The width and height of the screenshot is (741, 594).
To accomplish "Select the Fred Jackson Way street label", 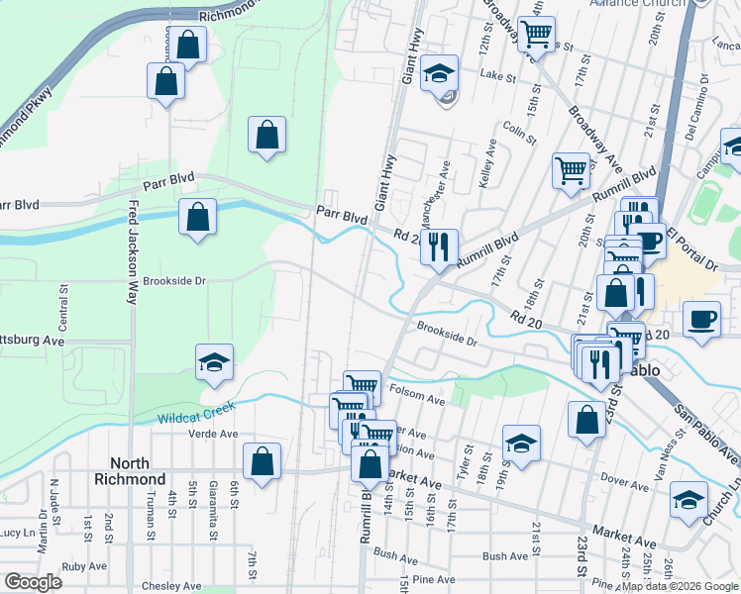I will pos(131,254).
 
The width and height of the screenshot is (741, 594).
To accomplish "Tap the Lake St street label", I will pos(492,74).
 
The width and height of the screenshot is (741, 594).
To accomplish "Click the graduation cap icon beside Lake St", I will pos(439,74).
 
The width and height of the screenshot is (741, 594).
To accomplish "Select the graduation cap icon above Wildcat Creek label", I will pos(214,364).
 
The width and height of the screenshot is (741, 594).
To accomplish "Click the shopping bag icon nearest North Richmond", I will pos(262,461).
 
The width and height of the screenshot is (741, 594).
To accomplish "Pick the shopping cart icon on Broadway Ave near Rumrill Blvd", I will pos(572,172).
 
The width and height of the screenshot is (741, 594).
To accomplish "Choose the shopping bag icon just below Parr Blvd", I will pos(198,217).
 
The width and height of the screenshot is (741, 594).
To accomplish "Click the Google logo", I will pos(33,582).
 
